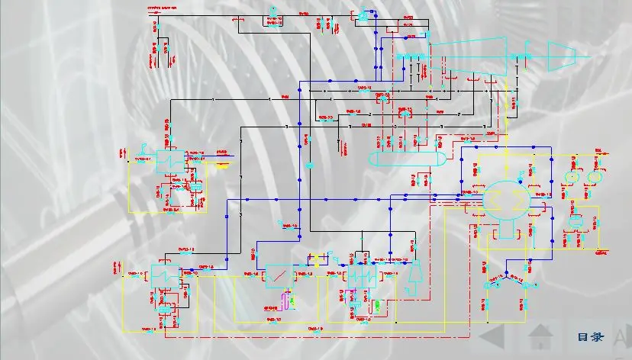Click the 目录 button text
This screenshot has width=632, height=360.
click(x=590, y=336)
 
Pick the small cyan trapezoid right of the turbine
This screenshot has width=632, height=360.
click(x=562, y=53)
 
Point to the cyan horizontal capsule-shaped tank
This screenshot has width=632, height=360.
click(x=406, y=159)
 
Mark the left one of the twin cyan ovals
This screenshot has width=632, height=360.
click(x=569, y=176)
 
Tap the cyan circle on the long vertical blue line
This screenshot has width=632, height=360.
click(x=311, y=166)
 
